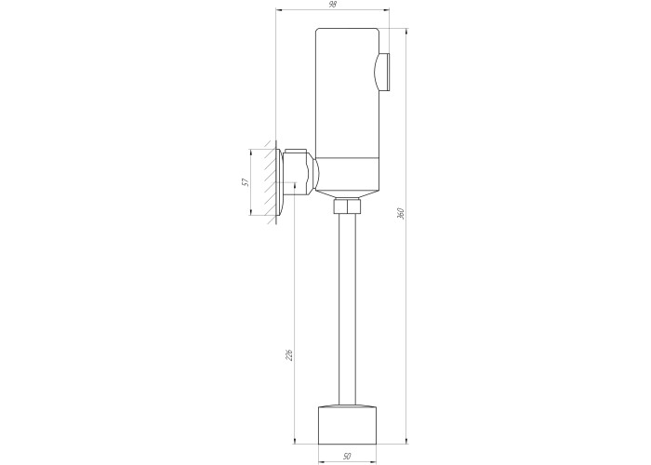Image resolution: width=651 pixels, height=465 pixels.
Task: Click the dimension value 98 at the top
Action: (333, 5)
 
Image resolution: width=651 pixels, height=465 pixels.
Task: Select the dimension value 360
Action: (401, 213)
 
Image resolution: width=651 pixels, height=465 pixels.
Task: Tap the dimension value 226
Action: (289, 354)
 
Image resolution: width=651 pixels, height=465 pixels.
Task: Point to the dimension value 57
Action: (246, 182)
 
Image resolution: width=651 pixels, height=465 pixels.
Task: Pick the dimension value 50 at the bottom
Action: (347, 457)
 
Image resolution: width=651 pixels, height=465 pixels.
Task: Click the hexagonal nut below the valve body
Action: (347, 206)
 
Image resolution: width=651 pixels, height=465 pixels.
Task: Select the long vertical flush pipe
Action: (347, 310)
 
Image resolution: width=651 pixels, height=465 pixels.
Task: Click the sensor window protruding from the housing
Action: (382, 72)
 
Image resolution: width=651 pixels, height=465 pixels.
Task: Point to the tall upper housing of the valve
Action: (347, 93)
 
